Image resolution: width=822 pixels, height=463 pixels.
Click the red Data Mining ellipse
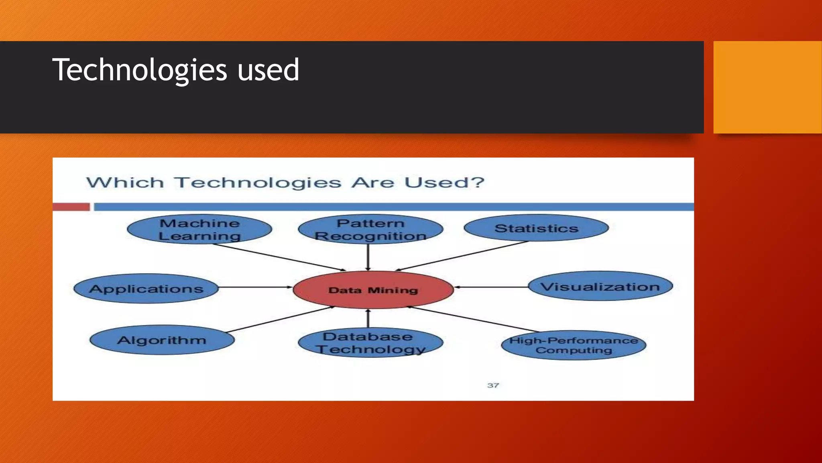point(373,290)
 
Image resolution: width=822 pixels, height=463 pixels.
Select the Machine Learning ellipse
point(199,229)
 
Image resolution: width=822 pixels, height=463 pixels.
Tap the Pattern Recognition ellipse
point(370,229)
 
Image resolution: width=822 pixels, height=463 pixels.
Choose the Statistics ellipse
point(536,228)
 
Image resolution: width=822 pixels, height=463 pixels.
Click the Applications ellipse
point(146,289)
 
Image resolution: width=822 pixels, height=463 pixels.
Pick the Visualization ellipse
point(600,287)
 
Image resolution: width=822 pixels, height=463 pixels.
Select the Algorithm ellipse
point(162,340)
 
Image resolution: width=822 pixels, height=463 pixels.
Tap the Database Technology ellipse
point(370,342)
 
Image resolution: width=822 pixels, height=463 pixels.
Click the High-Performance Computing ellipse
point(574,345)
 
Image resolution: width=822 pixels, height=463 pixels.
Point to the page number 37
point(493,385)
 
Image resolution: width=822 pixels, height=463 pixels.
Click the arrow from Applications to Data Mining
point(255,287)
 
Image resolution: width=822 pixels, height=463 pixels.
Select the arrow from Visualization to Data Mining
point(492,287)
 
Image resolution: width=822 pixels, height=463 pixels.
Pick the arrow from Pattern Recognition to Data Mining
point(368,257)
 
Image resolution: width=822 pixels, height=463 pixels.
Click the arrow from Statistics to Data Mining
point(462,256)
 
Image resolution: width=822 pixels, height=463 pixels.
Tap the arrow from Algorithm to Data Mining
point(281,320)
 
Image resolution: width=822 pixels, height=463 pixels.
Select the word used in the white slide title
point(268,70)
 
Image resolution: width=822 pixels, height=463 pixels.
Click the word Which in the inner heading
point(125,182)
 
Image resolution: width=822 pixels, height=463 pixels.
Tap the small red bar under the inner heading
point(71,207)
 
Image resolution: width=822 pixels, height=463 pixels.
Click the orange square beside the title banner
point(767,87)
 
